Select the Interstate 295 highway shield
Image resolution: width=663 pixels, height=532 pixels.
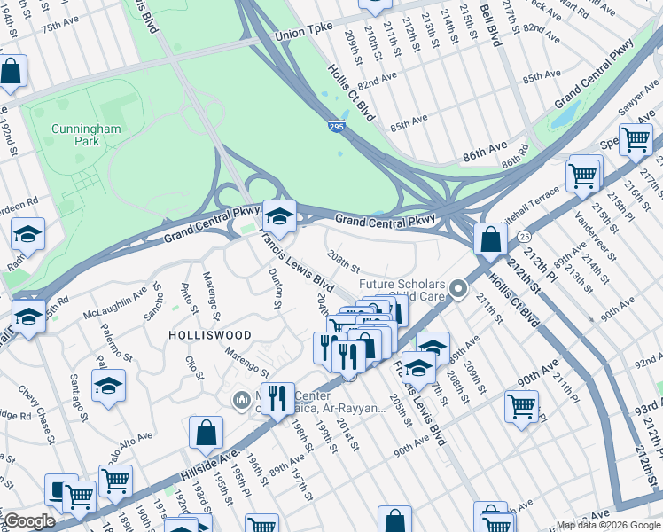335,129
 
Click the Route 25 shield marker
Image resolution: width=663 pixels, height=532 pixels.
525,237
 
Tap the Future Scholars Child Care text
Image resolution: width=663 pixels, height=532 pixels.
401,290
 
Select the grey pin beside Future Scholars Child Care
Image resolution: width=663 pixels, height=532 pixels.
457,289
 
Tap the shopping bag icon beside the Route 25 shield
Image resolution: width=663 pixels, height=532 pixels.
490,238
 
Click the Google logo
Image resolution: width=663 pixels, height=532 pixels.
30,521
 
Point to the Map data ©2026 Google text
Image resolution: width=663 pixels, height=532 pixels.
608,525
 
